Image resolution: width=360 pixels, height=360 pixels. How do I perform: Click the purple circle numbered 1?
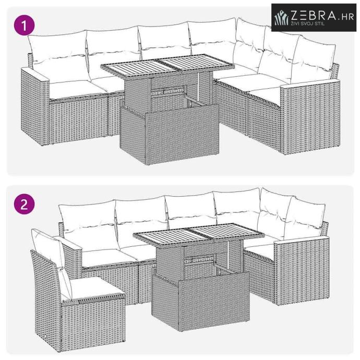click(x=24, y=25)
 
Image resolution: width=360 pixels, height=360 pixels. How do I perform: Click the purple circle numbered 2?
click(x=24, y=204)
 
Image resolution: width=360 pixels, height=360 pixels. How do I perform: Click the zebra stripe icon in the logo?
click(x=282, y=18)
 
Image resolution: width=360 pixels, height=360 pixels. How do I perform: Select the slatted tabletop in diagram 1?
click(x=167, y=65)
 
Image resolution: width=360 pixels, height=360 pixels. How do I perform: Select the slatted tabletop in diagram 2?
click(x=199, y=234)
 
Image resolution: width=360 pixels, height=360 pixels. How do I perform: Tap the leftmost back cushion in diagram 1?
click(x=58, y=55)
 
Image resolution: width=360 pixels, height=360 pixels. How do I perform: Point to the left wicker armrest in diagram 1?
click(x=35, y=105)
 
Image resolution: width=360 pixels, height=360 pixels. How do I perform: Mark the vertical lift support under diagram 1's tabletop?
click(x=198, y=87)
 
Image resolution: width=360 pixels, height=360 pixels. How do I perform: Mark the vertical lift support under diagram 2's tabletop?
click(x=229, y=255)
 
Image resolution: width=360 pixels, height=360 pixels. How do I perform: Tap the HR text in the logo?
click(x=347, y=17)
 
